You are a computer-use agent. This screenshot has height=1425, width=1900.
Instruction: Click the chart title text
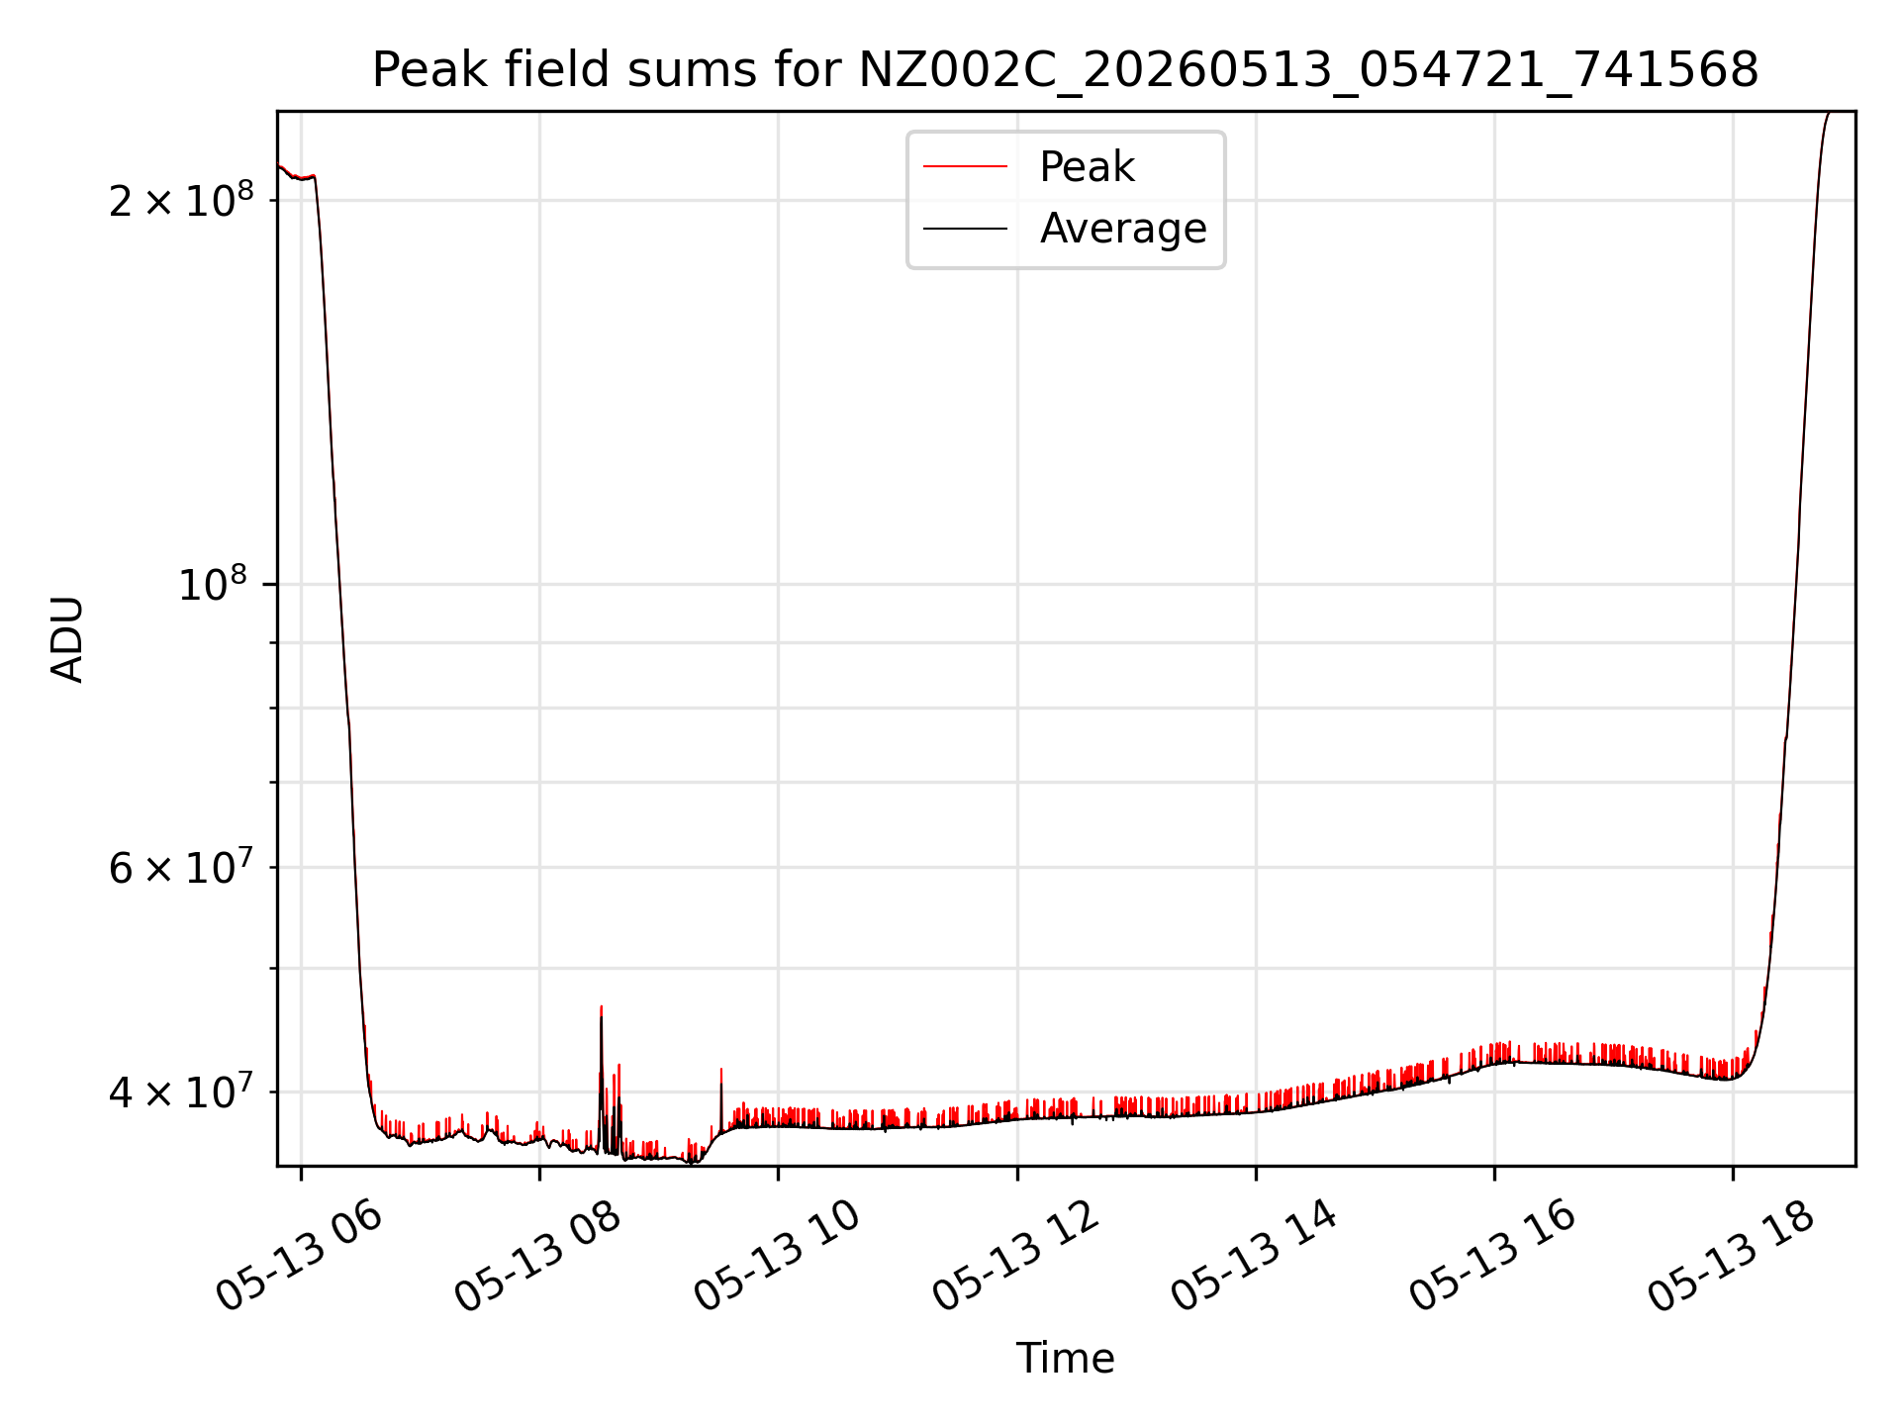(1065, 70)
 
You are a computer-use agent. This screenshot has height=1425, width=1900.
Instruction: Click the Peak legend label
(1087, 167)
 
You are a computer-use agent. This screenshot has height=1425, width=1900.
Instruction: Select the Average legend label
(1123, 229)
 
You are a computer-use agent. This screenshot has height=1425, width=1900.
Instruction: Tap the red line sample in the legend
(965, 167)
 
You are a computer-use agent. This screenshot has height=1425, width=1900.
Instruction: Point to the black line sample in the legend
(965, 229)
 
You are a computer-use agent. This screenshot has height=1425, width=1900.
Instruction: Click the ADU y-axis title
(67, 639)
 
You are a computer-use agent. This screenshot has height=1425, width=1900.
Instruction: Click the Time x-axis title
(1065, 1359)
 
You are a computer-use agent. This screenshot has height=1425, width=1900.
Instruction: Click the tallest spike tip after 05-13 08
(601, 1006)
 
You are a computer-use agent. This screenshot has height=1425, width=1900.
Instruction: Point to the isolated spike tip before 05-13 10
(721, 1069)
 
